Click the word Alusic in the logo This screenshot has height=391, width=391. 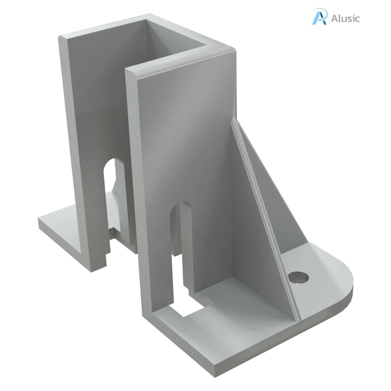coord(345,19)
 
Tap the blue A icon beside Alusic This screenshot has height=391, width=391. coord(320,17)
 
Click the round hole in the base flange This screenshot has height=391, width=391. coord(299,278)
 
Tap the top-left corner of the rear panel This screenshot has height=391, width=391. coord(62,38)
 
